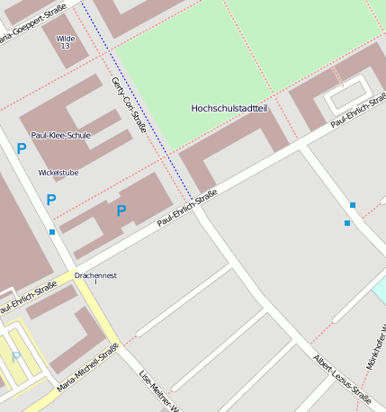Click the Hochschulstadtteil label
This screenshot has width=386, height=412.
pos(229,108)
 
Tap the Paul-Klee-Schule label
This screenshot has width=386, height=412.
pos(60,135)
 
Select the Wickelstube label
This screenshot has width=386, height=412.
pos(58,172)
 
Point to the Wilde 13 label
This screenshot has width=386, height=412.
pos(66,41)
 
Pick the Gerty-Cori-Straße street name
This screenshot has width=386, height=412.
pos(128,104)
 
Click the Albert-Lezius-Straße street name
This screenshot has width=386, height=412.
pos(341,376)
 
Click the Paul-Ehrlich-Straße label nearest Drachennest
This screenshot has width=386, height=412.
pos(28,298)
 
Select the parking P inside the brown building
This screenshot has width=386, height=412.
pos(121,210)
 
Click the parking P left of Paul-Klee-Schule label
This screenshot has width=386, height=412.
pos(20,149)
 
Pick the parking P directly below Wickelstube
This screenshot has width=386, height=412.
pos(50,200)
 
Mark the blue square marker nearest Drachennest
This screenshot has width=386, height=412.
pos(52,232)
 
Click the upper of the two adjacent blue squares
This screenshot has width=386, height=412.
pos(353,206)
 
